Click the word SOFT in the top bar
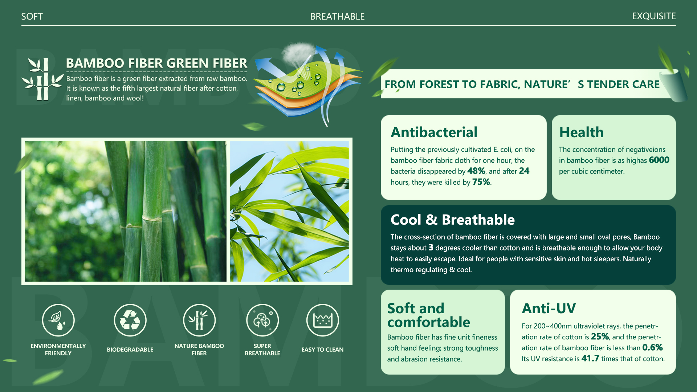tap(32, 16)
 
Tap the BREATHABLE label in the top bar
tap(337, 16)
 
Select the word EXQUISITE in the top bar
tap(654, 16)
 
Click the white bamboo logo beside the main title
tap(42, 79)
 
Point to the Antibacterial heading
tap(434, 132)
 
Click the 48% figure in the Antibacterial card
tap(476, 171)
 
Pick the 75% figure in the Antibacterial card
tap(481, 182)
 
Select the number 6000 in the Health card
tap(659, 160)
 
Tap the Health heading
tap(581, 132)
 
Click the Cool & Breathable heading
tap(452, 220)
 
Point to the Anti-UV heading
tap(549, 309)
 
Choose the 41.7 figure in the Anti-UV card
tap(590, 359)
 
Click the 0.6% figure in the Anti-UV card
tap(652, 348)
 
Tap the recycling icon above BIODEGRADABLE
tap(130, 320)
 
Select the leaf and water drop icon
tap(58, 320)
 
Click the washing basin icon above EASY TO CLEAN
tap(322, 320)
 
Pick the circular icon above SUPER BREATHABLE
tap(262, 320)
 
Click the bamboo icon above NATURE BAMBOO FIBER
tap(199, 320)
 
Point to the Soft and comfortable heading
tap(428, 315)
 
